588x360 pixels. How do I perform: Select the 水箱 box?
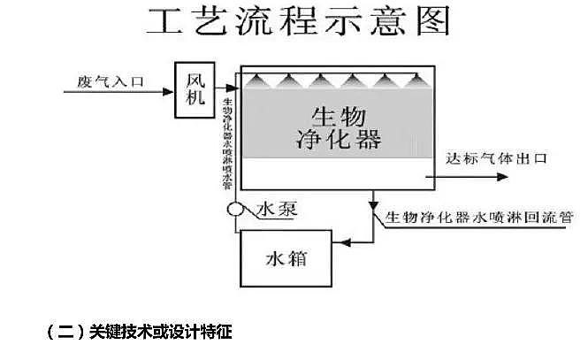[286, 258]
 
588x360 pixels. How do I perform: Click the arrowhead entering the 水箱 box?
[340, 241]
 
